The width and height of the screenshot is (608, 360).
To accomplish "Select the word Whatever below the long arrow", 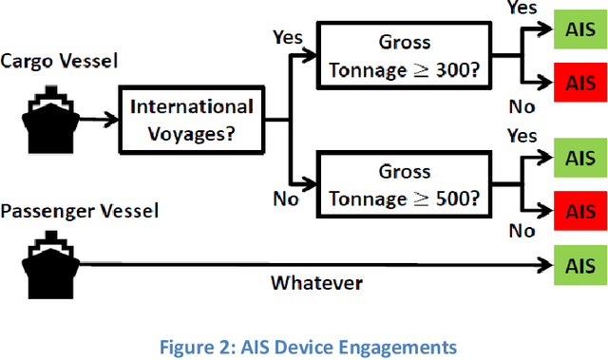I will point(316,282).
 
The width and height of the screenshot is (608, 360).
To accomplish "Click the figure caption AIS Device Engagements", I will point(304,347).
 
